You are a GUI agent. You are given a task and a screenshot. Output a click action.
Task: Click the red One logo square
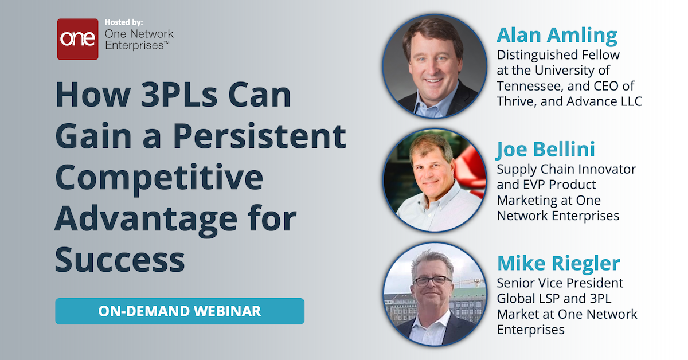click(77, 39)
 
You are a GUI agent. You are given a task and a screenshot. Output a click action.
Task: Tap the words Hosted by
click(124, 22)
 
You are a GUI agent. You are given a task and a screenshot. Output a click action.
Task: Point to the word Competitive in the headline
click(159, 178)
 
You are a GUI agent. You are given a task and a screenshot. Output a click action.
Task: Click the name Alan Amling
click(557, 36)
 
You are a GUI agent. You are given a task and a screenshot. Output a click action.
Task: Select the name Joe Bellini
click(546, 150)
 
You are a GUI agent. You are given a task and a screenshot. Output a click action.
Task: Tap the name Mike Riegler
click(558, 264)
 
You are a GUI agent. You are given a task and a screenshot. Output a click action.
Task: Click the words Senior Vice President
click(560, 283)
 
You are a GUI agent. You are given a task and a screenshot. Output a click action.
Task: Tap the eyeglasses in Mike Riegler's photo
click(432, 281)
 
